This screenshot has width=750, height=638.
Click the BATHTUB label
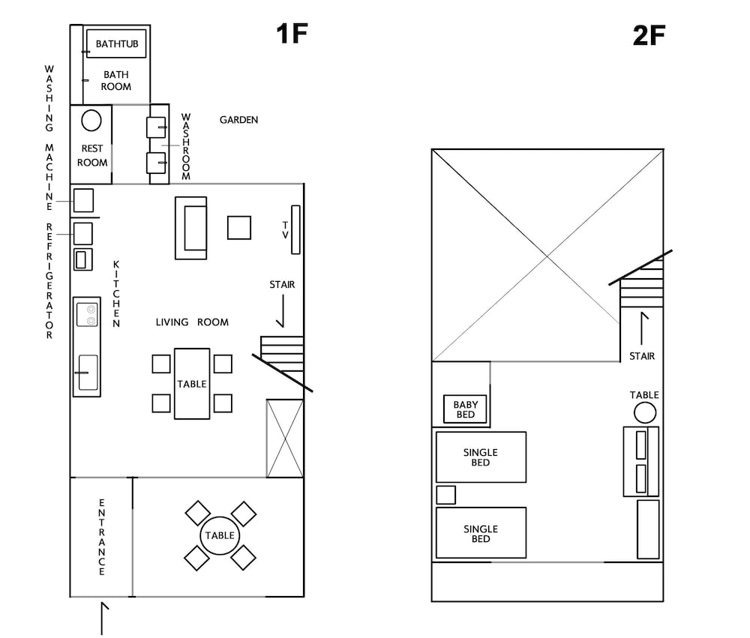coord(117,44)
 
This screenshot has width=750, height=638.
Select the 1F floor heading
coord(292,34)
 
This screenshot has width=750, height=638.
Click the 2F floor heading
coord(649,35)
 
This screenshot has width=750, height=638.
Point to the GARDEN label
coord(238,120)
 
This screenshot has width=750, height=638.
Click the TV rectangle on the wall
coord(295,229)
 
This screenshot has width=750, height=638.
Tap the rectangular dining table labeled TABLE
coord(192,384)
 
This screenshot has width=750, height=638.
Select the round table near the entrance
coord(220,535)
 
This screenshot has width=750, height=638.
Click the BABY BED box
coord(465,409)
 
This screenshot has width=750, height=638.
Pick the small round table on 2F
coord(645,413)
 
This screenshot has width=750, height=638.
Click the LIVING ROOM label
coord(192,322)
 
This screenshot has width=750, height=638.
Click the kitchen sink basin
coord(88,372)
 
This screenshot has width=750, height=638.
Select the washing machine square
coord(83,200)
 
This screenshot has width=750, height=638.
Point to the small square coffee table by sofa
coord(239,228)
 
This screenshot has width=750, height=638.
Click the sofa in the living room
coord(190,228)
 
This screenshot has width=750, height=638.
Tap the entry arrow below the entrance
coord(102,619)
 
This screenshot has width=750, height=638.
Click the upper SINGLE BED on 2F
coord(481,457)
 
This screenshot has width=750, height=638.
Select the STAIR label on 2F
coord(642,356)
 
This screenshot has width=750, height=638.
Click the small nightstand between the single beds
coord(445,495)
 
